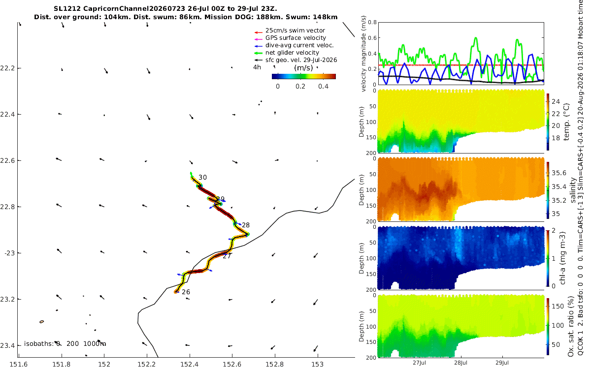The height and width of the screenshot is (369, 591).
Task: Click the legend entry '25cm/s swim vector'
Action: pos(295,31)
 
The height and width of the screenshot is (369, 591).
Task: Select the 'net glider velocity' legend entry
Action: pos(292,53)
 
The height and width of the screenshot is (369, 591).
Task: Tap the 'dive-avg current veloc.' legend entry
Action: pos(299,45)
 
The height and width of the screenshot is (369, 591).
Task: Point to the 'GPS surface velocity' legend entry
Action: pos(295,38)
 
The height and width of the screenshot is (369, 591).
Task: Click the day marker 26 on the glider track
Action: pos(186,292)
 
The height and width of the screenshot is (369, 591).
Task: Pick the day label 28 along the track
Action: pos(246,225)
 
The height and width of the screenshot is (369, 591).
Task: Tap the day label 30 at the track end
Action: pos(202,178)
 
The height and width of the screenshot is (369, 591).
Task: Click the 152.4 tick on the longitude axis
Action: pos(190,364)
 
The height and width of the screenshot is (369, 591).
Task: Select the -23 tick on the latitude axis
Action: pos(9,253)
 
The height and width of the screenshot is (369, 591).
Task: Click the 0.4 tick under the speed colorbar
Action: pos(323,87)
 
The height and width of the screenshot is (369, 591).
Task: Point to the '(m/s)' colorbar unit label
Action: pos(303,68)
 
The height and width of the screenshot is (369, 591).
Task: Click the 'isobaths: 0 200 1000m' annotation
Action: pos(65,344)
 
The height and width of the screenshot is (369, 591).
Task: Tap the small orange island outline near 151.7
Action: pos(42,322)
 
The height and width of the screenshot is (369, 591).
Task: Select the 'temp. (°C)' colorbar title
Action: pos(566,122)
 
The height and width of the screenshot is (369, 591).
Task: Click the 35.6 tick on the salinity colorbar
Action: pos(559,173)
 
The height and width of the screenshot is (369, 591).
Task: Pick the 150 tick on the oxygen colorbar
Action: pos(558,306)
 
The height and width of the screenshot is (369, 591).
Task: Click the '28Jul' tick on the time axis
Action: pos(461,363)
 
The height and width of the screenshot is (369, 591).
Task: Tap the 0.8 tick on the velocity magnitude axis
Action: pos(372,22)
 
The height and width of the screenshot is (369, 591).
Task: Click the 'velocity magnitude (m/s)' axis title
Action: pos(363,54)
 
